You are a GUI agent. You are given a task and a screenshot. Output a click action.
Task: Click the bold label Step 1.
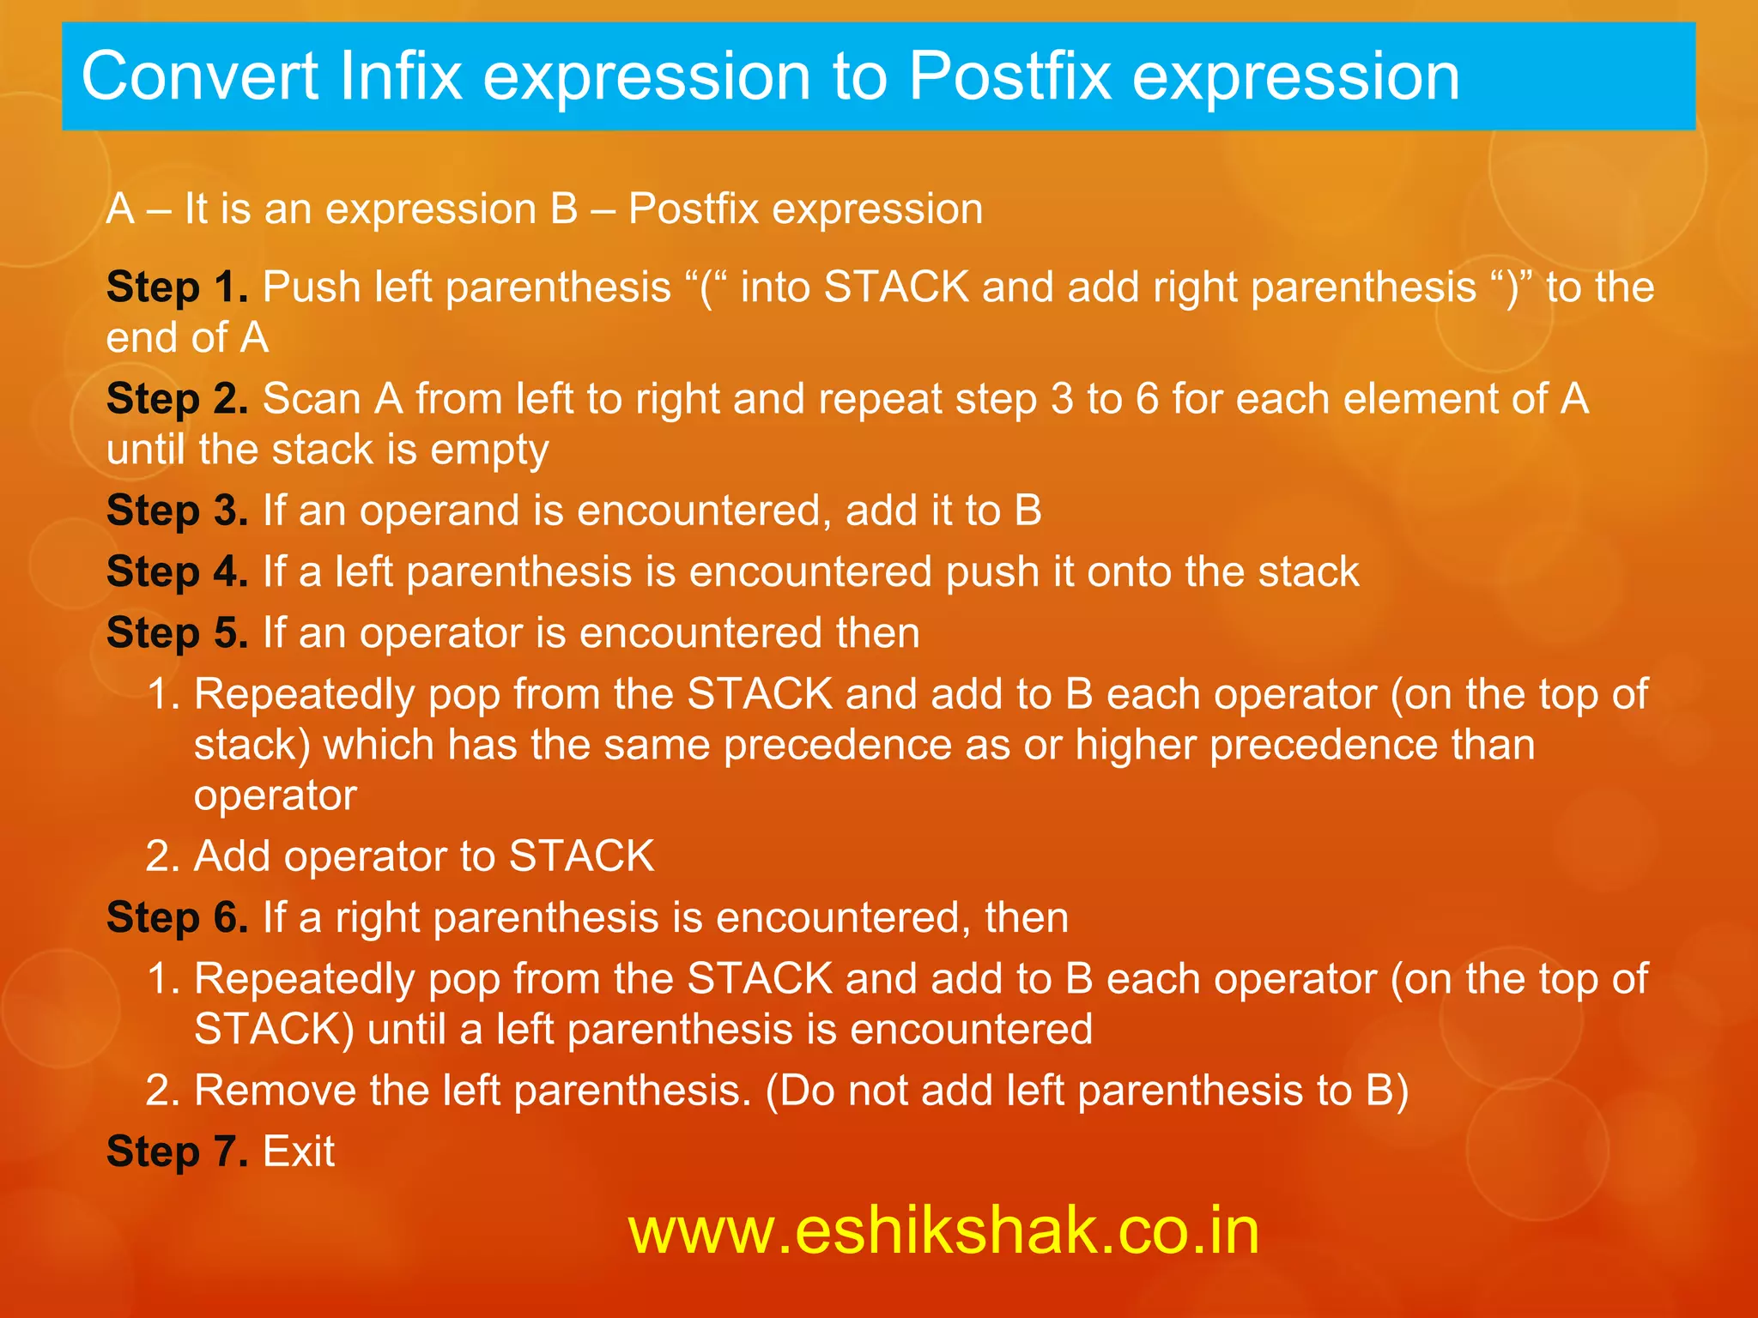tap(177, 287)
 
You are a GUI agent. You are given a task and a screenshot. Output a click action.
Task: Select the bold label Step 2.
tap(177, 400)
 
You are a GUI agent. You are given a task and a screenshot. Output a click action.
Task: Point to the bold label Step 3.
tap(177, 511)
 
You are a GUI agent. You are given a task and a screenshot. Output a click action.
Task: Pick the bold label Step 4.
tap(177, 572)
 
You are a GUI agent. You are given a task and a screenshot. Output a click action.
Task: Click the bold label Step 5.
tap(177, 633)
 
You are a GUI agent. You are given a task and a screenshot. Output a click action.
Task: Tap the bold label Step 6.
tap(177, 918)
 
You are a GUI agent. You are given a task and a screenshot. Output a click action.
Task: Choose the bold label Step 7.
tap(177, 1152)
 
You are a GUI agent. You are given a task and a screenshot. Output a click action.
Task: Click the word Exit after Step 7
tap(298, 1152)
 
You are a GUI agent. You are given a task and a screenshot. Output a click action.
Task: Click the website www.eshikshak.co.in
tap(943, 1230)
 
